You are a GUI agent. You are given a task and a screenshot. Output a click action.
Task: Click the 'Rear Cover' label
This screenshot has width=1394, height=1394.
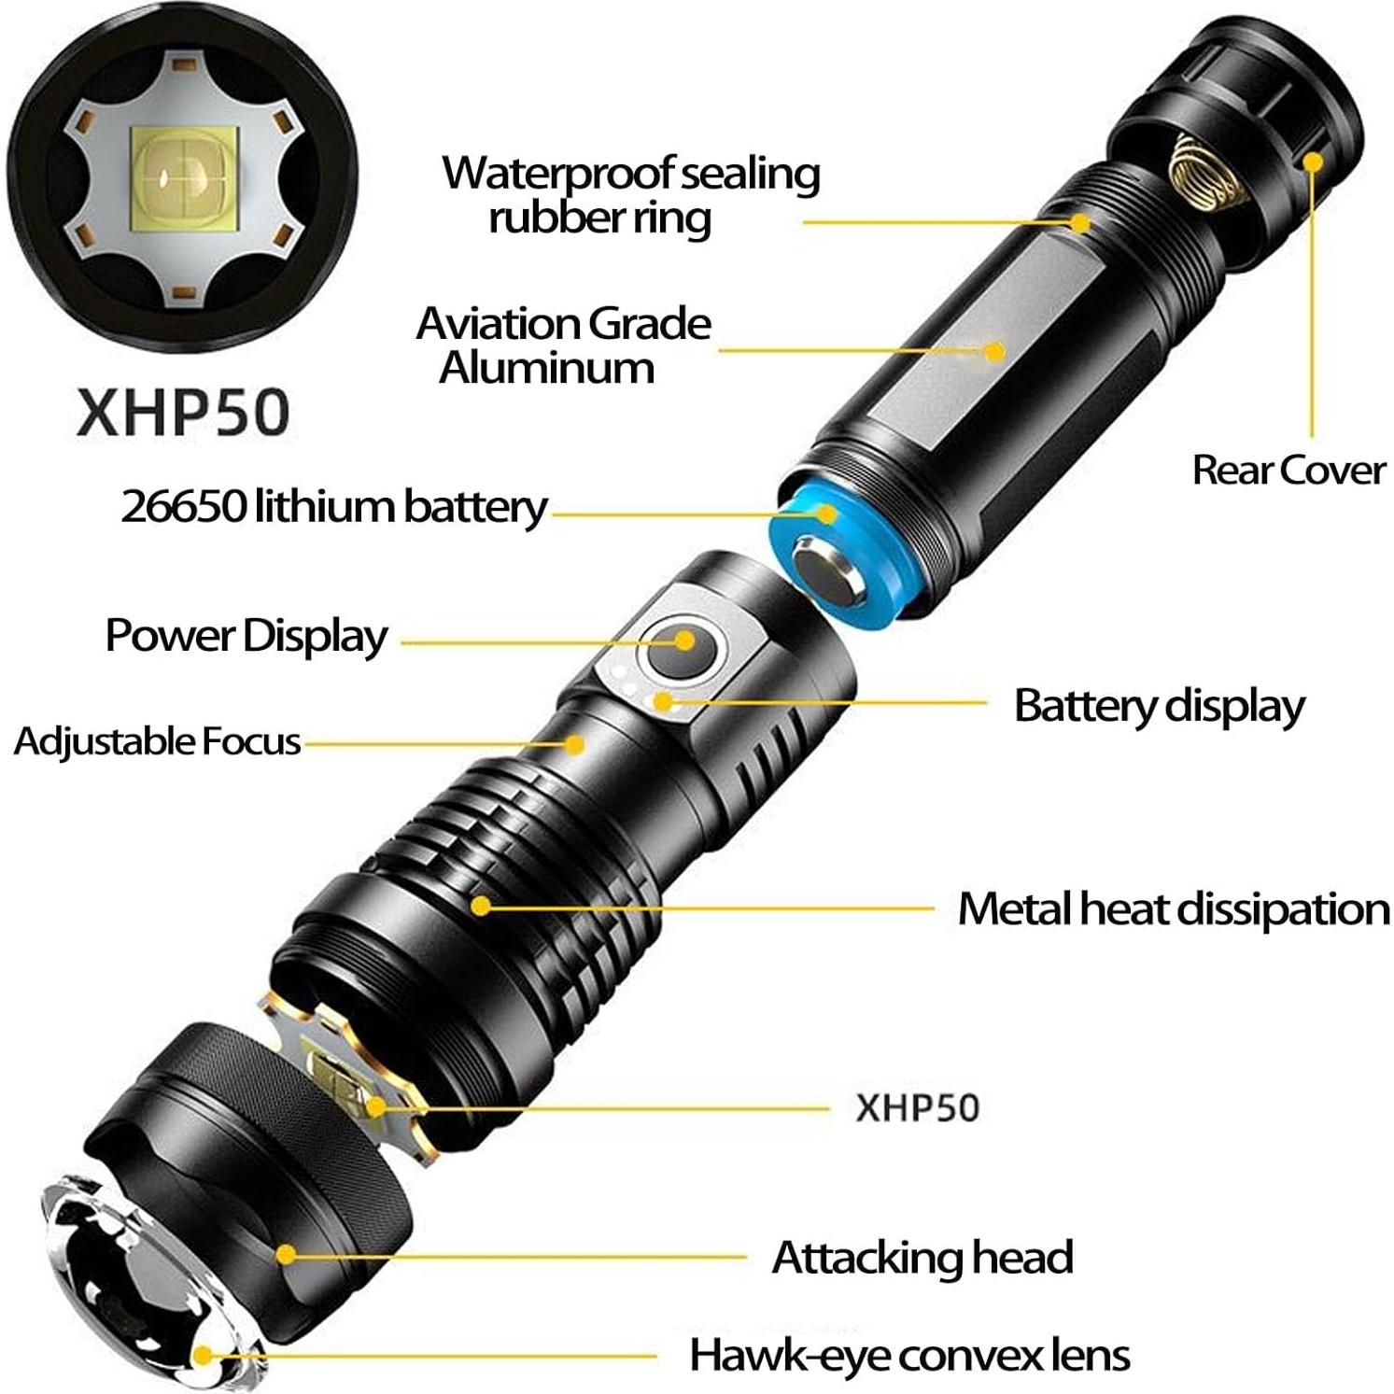point(1288,470)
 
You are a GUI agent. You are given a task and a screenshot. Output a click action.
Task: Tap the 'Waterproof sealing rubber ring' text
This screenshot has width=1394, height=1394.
point(630,195)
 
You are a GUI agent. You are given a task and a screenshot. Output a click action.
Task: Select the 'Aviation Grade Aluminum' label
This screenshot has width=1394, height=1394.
point(563,345)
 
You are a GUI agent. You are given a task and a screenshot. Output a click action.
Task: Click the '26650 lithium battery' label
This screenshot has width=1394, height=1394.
point(333,506)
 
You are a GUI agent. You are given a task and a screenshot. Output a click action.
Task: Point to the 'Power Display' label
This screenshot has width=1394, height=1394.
point(246,636)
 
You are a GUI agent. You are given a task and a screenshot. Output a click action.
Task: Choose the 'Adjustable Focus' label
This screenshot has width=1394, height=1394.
point(157,741)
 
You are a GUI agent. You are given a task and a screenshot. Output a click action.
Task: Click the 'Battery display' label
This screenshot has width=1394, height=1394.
point(1159,706)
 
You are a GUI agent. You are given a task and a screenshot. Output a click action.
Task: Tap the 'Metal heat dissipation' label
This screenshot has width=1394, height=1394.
point(1174,908)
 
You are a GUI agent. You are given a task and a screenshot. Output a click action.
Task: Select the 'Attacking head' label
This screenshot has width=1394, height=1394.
point(922,1257)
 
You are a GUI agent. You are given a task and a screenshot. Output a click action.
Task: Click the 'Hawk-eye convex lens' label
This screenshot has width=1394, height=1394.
point(909,1355)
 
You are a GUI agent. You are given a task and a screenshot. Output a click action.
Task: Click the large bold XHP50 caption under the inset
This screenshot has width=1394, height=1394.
point(183,412)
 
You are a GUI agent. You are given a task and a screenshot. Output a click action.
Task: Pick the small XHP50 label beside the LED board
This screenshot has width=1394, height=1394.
point(917,1108)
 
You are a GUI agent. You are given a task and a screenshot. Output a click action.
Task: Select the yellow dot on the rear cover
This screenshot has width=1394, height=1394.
point(1313,162)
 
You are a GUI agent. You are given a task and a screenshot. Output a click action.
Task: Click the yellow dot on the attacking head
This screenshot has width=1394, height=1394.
point(286,1255)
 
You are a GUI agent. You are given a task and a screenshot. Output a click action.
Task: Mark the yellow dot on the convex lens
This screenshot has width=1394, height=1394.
point(203,1356)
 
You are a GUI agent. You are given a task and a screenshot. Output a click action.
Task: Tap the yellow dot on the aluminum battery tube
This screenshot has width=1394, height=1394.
point(995,352)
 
